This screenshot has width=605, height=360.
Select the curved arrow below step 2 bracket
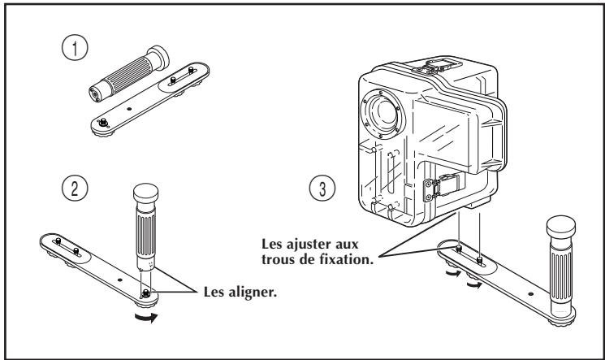(x=145, y=309)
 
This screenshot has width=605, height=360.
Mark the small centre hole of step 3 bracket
(x=530, y=291)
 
